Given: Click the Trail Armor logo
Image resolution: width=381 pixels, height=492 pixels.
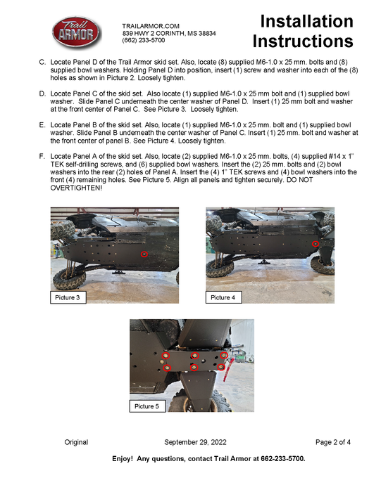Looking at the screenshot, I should (x=76, y=32).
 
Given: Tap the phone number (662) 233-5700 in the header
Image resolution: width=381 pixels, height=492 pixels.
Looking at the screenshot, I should (x=144, y=41).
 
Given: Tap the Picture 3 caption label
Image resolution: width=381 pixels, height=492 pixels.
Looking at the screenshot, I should (x=68, y=298).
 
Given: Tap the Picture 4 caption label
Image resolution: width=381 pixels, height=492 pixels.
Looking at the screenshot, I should (x=223, y=298).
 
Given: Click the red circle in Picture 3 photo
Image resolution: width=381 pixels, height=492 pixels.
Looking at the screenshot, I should (x=144, y=254).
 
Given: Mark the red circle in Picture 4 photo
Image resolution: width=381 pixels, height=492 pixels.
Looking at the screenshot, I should (x=316, y=244).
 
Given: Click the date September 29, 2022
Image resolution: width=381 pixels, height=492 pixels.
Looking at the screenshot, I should (x=195, y=442).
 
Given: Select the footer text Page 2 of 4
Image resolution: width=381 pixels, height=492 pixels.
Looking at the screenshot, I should (x=333, y=442).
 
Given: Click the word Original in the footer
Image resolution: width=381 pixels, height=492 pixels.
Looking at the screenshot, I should (x=76, y=442).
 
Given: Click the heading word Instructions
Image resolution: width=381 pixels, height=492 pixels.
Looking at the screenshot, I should (x=303, y=41).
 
